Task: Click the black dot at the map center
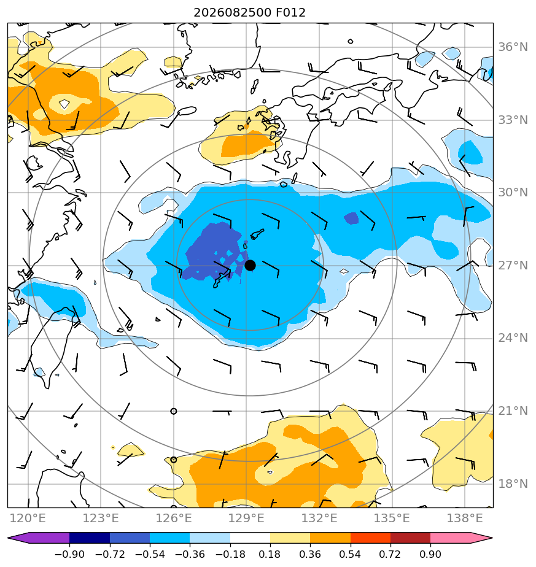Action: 250,266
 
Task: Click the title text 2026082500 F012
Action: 249,13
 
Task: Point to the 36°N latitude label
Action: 513,47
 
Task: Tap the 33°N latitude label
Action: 513,120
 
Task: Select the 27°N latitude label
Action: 513,266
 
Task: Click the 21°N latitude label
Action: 513,411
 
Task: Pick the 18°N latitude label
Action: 513,484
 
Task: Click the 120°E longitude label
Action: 28,518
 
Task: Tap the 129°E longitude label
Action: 246,518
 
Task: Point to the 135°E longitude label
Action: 392,518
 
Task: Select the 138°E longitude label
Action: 465,518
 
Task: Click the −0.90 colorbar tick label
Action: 69,554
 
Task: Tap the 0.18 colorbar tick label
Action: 270,554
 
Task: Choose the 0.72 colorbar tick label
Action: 390,554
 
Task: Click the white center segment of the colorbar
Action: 250,538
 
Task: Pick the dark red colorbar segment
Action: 410,538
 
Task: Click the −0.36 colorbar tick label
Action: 190,554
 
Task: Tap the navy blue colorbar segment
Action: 90,538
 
